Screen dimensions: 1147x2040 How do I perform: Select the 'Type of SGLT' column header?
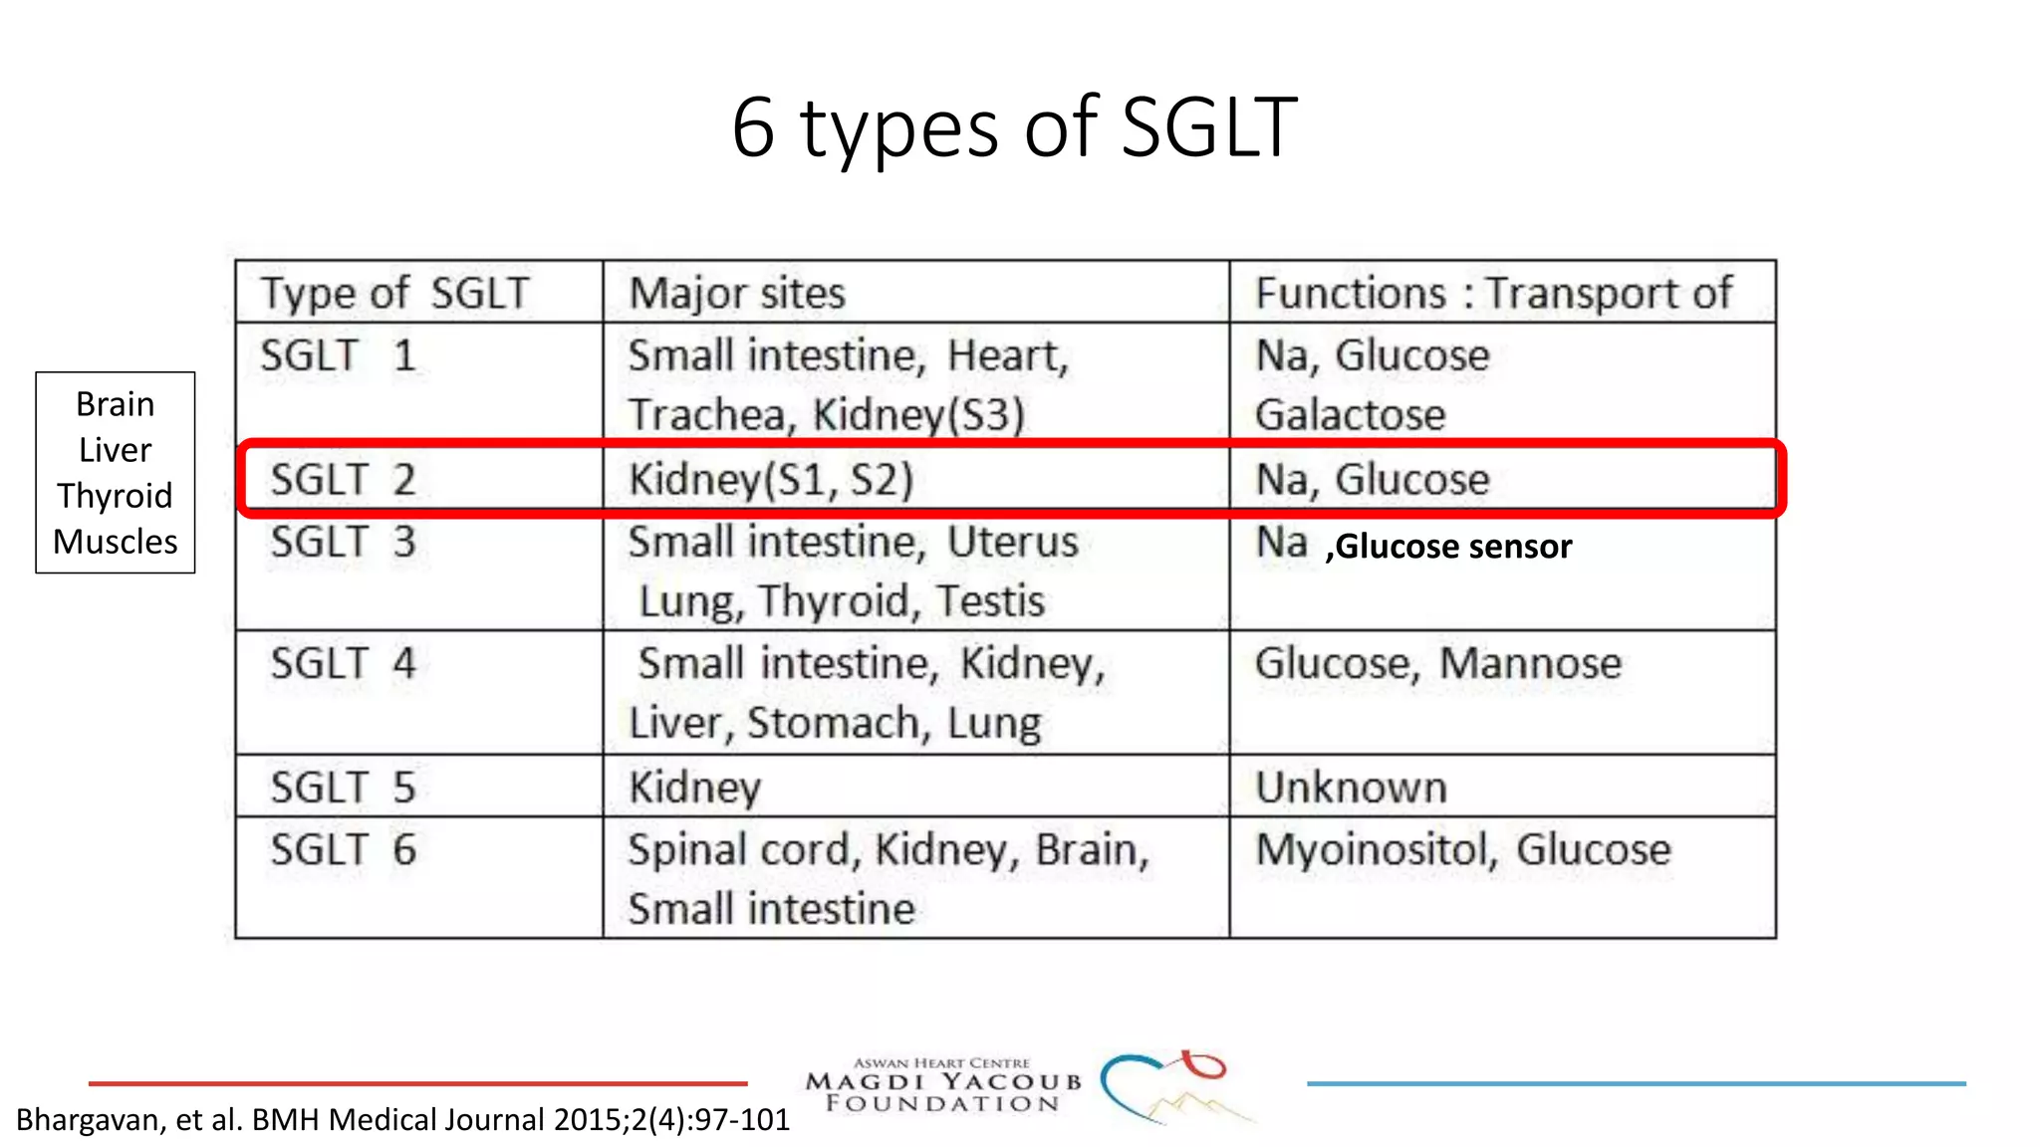click(394, 294)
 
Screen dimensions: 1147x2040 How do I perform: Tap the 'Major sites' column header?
click(737, 294)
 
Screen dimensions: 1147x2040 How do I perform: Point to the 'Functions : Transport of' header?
click(1493, 294)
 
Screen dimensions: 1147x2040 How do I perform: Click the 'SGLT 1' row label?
click(338, 355)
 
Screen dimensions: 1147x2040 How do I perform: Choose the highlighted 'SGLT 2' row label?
click(343, 480)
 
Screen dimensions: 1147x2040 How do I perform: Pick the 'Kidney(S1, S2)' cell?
click(771, 480)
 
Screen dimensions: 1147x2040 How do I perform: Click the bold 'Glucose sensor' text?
click(1452, 547)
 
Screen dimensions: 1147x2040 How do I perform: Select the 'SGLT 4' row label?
click(343, 664)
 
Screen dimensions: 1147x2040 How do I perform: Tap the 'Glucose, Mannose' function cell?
click(1437, 664)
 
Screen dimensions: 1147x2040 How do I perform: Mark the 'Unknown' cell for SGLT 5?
click(1351, 788)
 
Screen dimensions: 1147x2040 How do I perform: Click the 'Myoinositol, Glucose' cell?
click(1462, 850)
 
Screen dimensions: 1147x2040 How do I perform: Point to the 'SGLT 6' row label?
click(343, 850)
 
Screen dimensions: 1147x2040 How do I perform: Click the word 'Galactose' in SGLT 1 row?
click(1350, 415)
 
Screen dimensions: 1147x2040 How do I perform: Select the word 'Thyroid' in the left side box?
click(115, 496)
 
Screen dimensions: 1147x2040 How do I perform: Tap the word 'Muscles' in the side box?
click(115, 542)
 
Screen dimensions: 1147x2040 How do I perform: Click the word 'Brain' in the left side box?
click(115, 404)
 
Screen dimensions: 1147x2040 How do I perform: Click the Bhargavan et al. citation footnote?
click(402, 1120)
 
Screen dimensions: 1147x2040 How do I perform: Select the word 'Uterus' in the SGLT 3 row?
click(1012, 543)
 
